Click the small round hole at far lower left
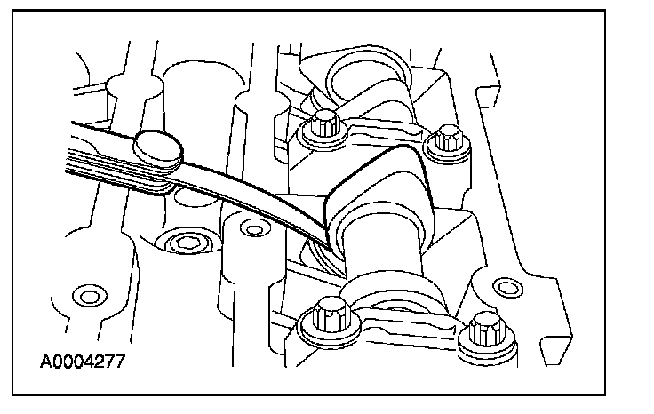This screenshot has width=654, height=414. point(86,293)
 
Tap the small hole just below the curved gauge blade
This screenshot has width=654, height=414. point(253,231)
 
